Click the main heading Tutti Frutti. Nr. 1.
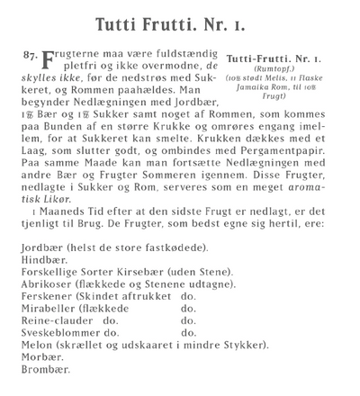(180, 20)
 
